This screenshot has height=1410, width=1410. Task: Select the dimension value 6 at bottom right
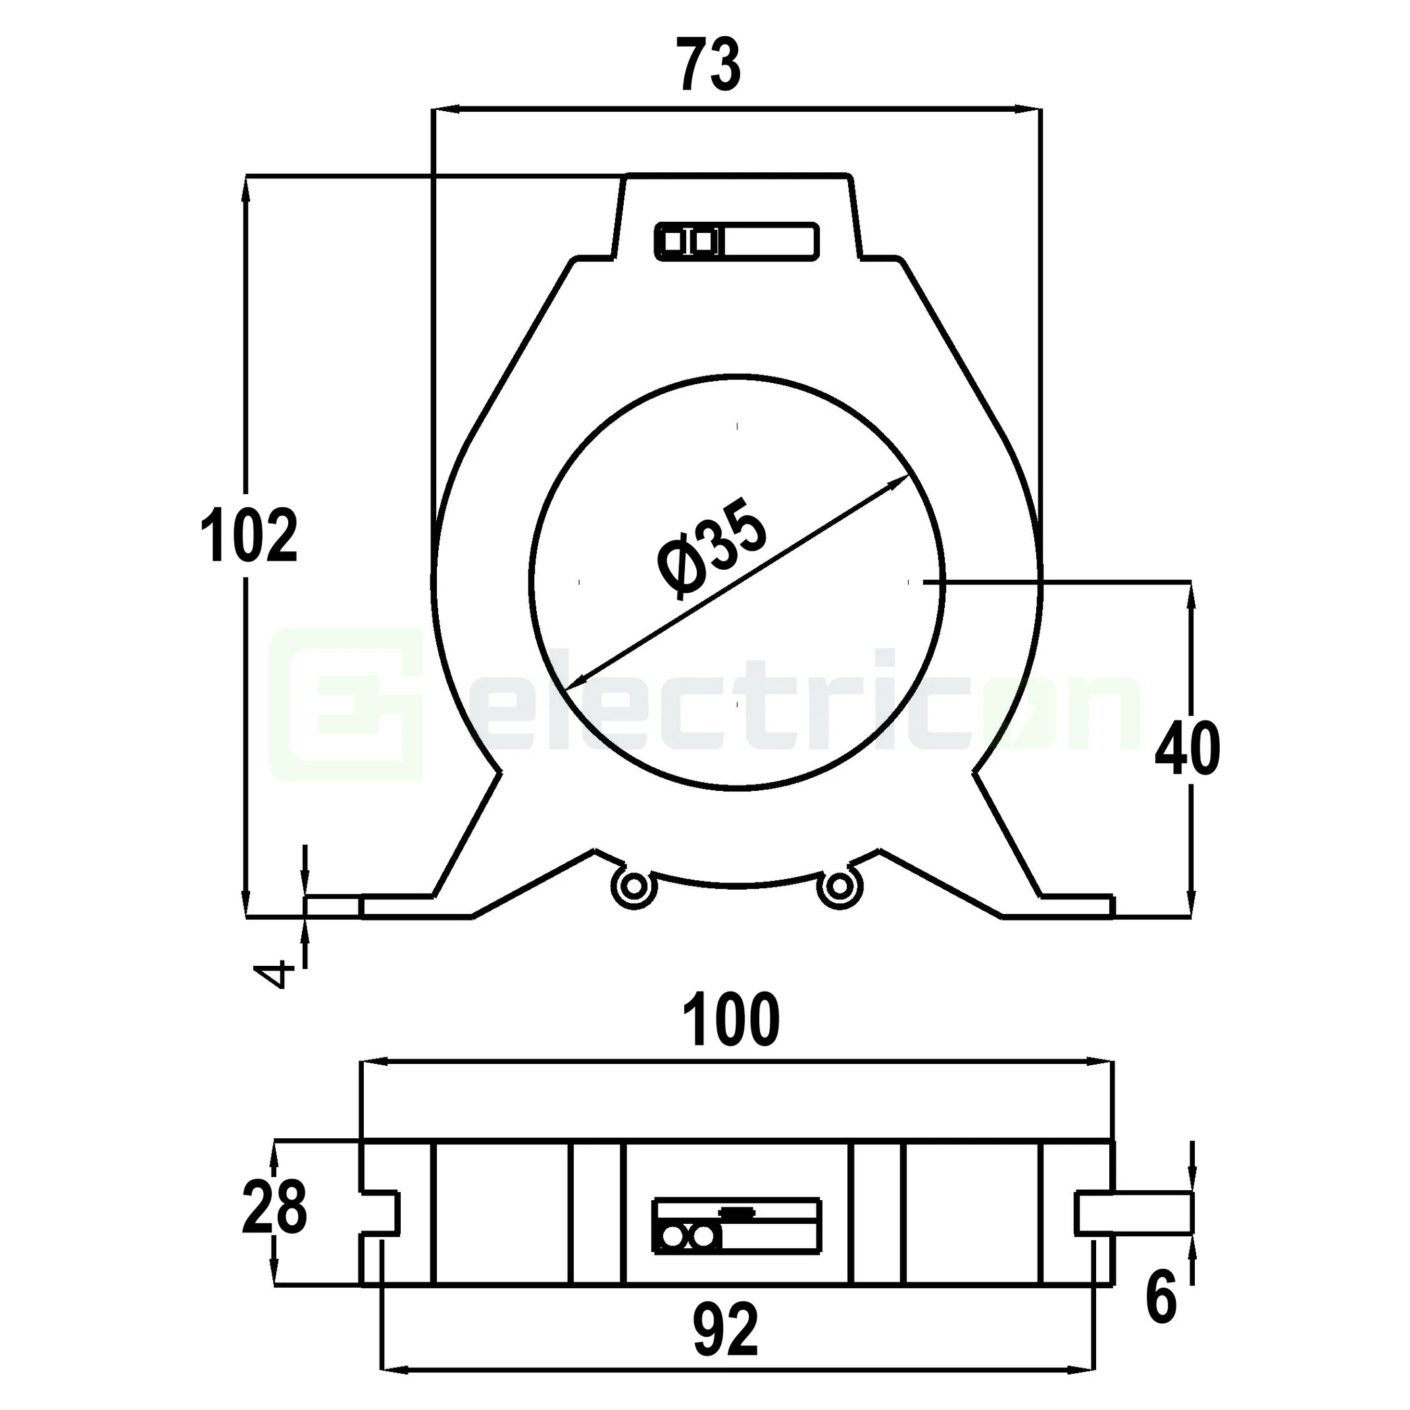coord(1161,1297)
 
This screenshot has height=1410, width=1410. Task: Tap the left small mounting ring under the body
coord(634,887)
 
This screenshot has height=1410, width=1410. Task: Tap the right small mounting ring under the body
coord(840,887)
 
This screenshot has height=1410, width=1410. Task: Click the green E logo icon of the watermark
coord(346,704)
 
